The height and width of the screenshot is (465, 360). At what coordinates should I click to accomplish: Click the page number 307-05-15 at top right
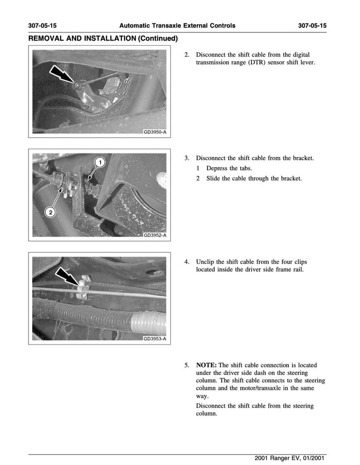tap(312, 25)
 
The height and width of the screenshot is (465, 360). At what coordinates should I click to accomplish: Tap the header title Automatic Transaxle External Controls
tap(177, 25)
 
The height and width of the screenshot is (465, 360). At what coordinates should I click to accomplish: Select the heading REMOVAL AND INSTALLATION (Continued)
tap(102, 39)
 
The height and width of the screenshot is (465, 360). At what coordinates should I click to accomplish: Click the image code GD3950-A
tap(155, 132)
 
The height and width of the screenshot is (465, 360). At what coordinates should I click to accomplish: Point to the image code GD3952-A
tap(155, 235)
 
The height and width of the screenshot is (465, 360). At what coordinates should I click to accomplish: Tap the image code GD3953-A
tap(155, 339)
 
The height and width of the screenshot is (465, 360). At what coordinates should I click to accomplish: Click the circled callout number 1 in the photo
tap(100, 162)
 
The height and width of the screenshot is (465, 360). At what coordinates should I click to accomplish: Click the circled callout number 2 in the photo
tap(50, 212)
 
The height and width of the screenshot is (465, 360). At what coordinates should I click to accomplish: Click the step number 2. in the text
tap(187, 55)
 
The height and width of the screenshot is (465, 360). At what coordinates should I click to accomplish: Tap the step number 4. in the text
tap(187, 262)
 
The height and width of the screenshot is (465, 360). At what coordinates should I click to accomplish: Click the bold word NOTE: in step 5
tap(206, 365)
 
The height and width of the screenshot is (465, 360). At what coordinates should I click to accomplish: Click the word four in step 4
tap(283, 262)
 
